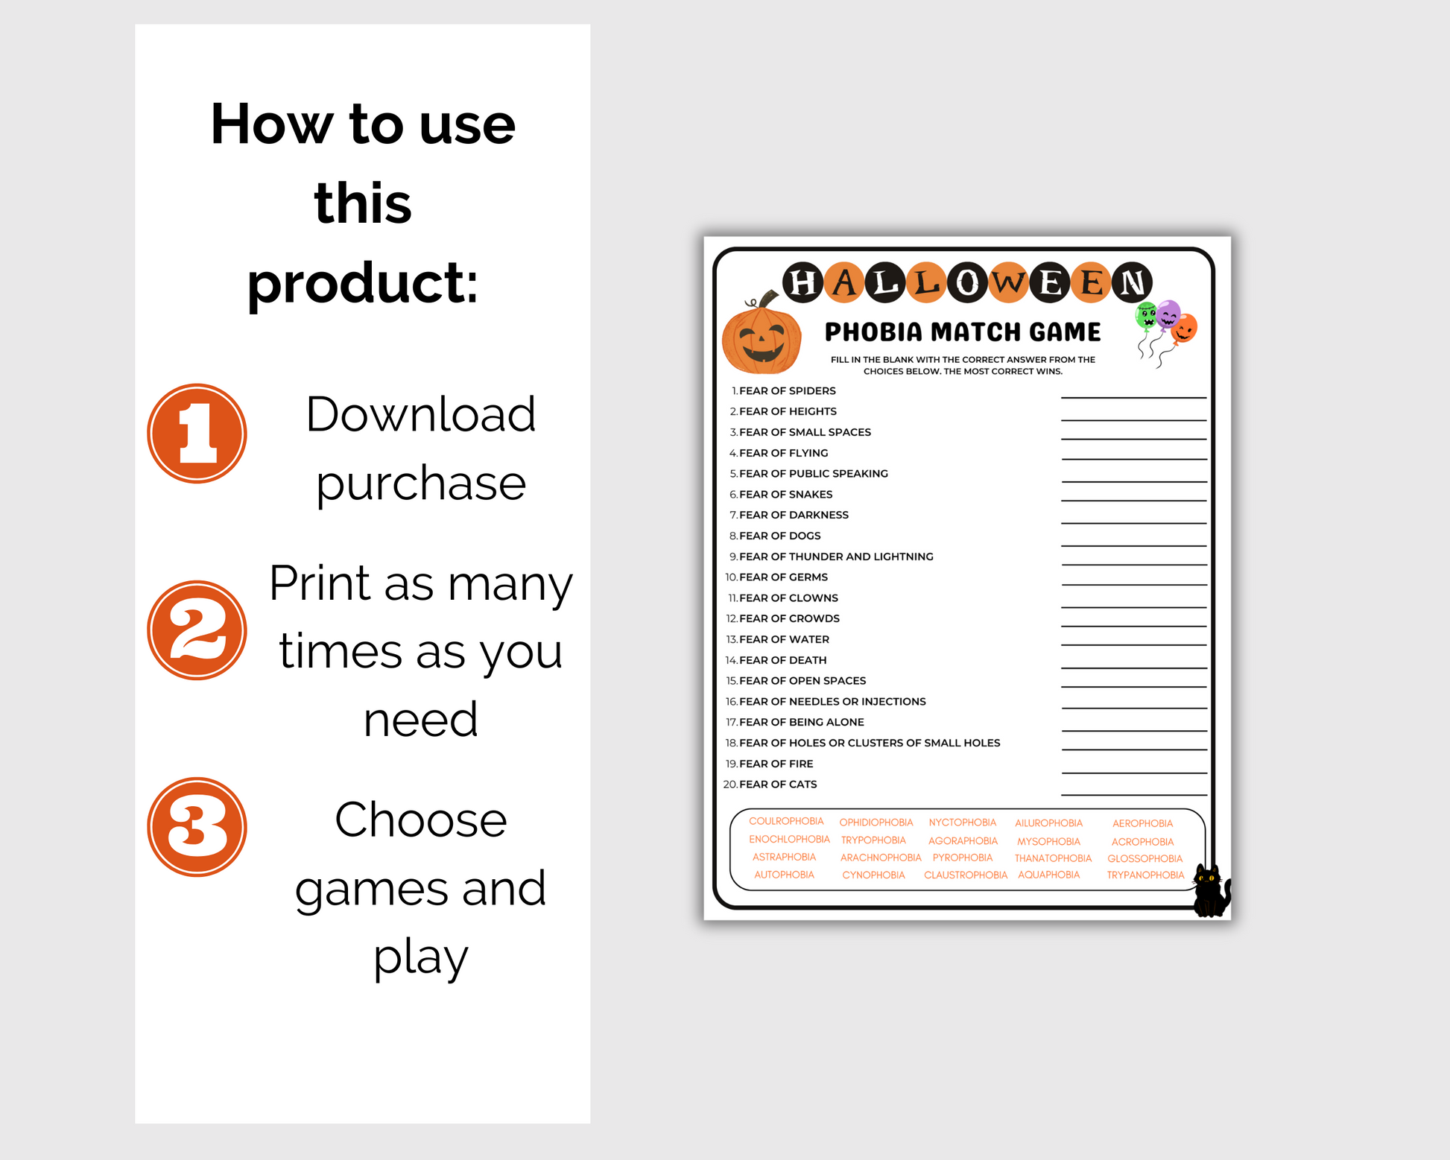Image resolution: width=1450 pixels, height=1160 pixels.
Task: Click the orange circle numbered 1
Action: coord(197,433)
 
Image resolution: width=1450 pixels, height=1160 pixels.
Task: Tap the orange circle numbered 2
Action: coord(197,630)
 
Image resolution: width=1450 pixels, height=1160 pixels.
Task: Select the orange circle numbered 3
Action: coord(197,826)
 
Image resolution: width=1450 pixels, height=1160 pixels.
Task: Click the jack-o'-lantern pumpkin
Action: coord(762,335)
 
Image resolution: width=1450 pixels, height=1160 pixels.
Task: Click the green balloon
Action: coord(1146,316)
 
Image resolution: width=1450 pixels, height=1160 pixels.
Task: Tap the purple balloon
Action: coord(1168,314)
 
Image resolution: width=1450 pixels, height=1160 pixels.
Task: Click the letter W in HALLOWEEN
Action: coord(1009,283)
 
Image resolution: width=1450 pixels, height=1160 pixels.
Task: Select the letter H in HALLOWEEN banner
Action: coord(802,283)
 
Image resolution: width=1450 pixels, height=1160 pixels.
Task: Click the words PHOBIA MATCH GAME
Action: coord(963,332)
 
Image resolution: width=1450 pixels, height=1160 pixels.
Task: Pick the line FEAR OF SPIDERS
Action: coord(783,390)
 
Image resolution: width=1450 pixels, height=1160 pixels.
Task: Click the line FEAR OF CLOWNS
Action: coord(783,598)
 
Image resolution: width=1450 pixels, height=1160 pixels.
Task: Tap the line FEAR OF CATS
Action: coord(770,784)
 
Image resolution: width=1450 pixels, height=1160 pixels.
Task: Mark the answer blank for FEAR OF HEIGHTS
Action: coord(1133,419)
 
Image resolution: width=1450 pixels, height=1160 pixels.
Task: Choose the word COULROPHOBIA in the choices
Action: coord(786,821)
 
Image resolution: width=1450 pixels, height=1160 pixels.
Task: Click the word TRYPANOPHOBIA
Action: coord(1145,875)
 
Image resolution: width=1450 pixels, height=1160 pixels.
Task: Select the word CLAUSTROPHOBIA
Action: coord(966,875)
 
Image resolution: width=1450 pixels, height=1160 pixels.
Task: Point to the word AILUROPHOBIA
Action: coord(1048,823)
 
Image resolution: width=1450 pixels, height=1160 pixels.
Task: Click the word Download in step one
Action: coord(421,414)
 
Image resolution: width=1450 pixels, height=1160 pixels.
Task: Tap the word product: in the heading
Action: coord(363,284)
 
